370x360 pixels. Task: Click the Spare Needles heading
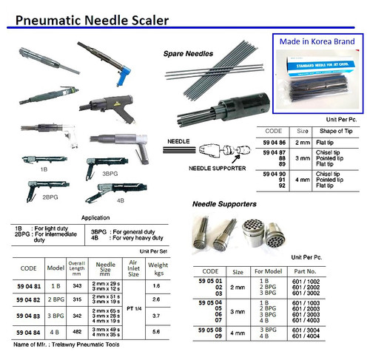click(188, 54)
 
